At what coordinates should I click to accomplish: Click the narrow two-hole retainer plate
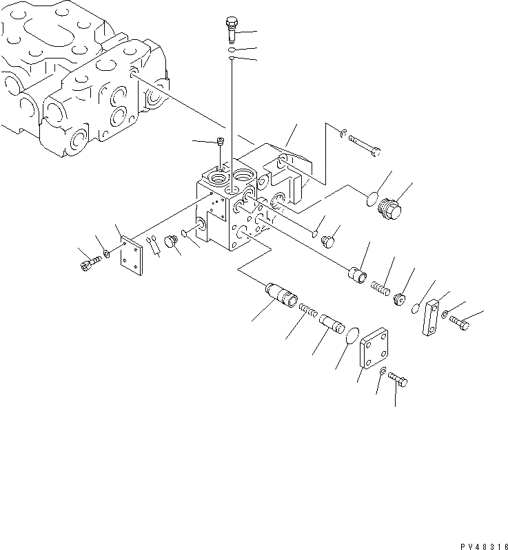click(x=432, y=317)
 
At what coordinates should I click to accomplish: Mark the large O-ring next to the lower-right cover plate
click(x=352, y=337)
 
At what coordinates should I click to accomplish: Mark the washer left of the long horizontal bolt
click(x=343, y=133)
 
